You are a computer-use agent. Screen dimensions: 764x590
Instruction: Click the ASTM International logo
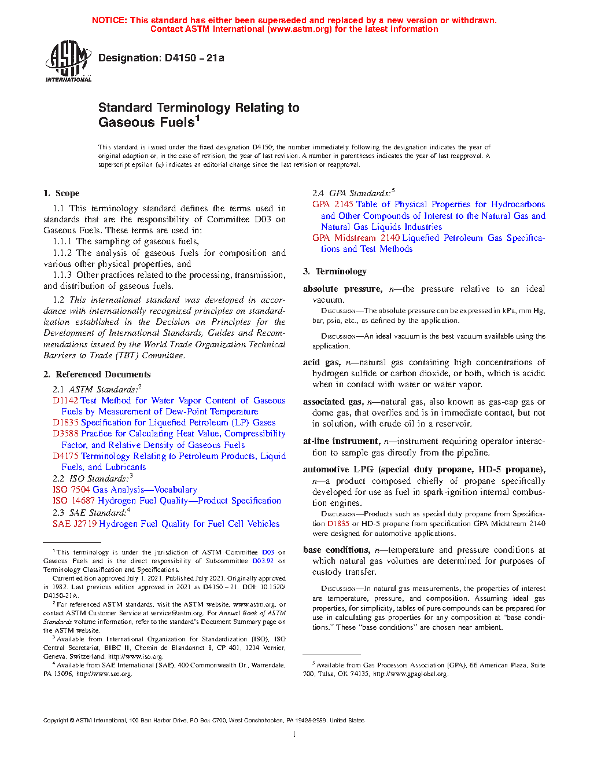pyautogui.click(x=68, y=61)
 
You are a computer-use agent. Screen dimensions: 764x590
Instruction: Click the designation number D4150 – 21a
pyautogui.click(x=161, y=58)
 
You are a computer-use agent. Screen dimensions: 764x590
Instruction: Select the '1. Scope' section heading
pyautogui.click(x=61, y=193)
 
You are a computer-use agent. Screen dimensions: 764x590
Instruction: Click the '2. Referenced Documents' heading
pyautogui.click(x=97, y=374)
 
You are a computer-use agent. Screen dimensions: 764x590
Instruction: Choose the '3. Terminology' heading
pyautogui.click(x=335, y=271)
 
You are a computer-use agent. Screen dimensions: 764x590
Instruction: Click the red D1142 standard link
pyautogui.click(x=65, y=401)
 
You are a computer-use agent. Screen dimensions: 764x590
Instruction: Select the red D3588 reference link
pyautogui.click(x=65, y=434)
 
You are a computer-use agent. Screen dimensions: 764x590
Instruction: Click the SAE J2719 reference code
pyautogui.click(x=75, y=524)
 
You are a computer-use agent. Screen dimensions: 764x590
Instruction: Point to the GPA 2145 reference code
pyautogui.click(x=333, y=204)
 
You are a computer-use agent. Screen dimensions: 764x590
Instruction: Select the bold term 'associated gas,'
pyautogui.click(x=333, y=402)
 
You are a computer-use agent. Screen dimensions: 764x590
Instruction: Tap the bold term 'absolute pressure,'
pyautogui.click(x=342, y=289)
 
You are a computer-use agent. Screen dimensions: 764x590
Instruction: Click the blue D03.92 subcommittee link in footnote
pyautogui.click(x=263, y=561)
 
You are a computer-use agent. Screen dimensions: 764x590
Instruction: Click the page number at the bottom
pyautogui.click(x=294, y=734)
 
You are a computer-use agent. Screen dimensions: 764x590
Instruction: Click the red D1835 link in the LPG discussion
pyautogui.click(x=338, y=524)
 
